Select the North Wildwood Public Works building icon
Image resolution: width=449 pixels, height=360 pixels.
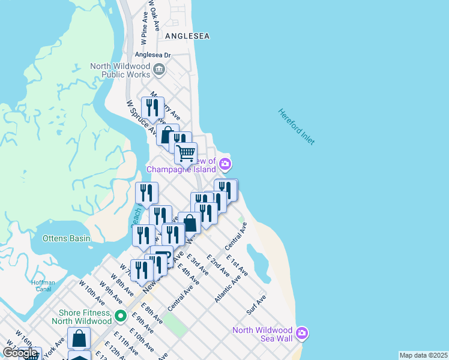[159, 70]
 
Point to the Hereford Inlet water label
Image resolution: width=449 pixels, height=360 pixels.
[296, 126]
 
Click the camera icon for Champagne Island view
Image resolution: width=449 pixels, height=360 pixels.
[225, 163]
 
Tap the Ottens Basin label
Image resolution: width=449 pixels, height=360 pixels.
[66, 238]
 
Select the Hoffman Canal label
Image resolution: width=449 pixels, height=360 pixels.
[44, 286]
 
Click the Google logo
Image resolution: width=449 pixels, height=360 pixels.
[19, 353]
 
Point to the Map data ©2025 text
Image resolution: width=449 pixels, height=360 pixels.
[423, 355]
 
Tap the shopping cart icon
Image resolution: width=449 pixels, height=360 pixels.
[186, 153]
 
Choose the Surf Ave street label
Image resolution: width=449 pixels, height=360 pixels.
[256, 305]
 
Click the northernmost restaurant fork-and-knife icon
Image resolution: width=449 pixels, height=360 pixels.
[152, 108]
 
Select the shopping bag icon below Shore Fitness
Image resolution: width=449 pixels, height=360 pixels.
[79, 338]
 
